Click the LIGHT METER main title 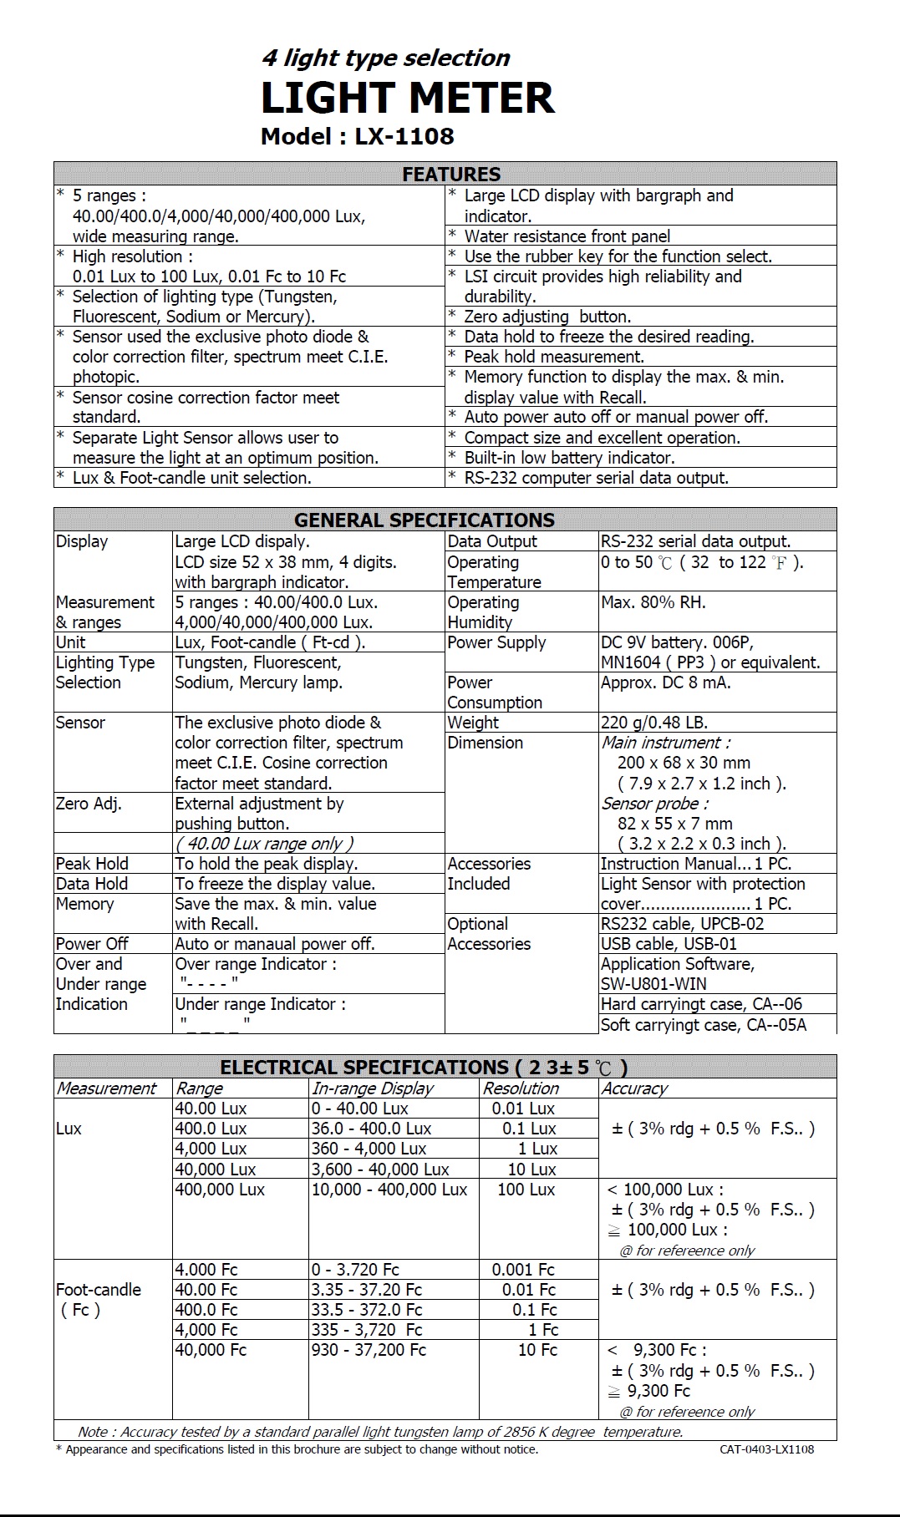(407, 98)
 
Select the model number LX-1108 (404, 136)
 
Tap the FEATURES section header (451, 174)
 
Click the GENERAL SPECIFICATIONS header (425, 520)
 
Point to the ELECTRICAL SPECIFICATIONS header (424, 1067)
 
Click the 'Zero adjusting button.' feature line (547, 317)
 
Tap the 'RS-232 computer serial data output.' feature (596, 478)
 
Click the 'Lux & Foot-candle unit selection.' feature (191, 478)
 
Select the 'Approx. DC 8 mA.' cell (665, 682)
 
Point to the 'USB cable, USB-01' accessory (669, 944)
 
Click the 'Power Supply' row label (496, 642)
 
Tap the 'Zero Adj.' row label (89, 804)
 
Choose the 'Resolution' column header (521, 1088)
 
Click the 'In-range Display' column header (373, 1088)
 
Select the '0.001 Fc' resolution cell (523, 1270)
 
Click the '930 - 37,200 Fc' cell (369, 1350)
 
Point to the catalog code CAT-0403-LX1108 (766, 1449)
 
